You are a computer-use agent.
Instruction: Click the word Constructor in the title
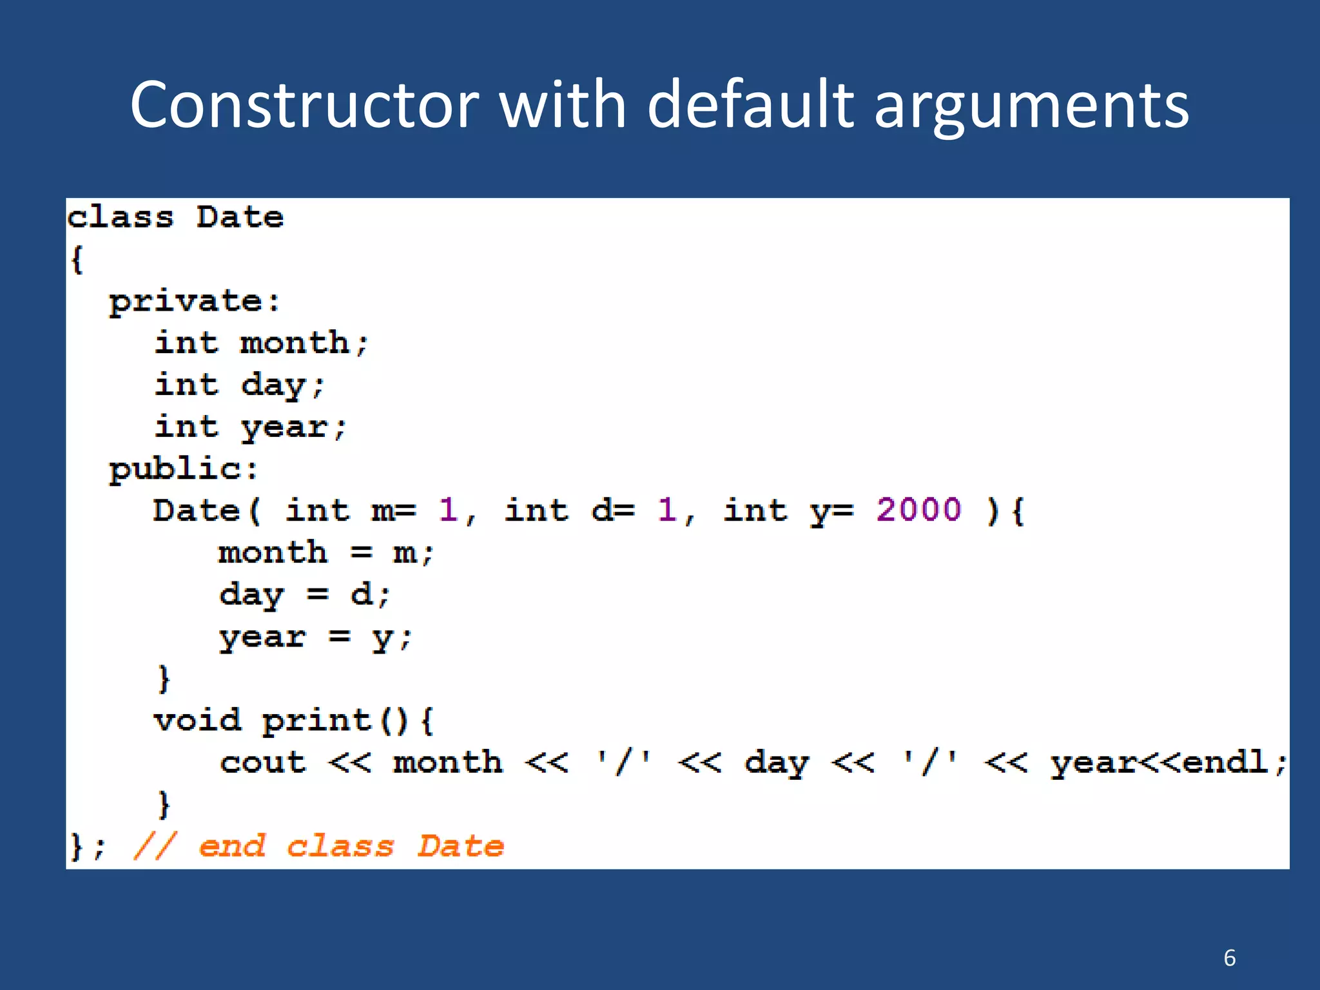pyautogui.click(x=304, y=105)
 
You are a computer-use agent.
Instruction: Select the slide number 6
pyautogui.click(x=1230, y=958)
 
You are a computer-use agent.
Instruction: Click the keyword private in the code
pyautogui.click(x=185, y=302)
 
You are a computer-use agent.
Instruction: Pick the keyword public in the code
pyautogui.click(x=174, y=469)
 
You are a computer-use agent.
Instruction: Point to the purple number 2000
pyautogui.click(x=918, y=510)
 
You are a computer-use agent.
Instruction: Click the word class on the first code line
pyautogui.click(x=121, y=217)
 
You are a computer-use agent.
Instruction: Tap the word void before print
pyautogui.click(x=197, y=720)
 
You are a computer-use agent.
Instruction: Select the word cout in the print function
pyautogui.click(x=262, y=762)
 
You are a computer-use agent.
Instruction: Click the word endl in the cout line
pyautogui.click(x=1225, y=762)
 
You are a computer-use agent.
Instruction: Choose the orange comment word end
pyautogui.click(x=232, y=846)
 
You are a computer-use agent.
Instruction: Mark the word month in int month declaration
pyautogui.click(x=295, y=343)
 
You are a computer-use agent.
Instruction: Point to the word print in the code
pyautogui.click(x=316, y=721)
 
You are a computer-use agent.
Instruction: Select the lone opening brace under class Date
pyautogui.click(x=77, y=260)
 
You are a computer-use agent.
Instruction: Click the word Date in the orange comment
pyautogui.click(x=460, y=846)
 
